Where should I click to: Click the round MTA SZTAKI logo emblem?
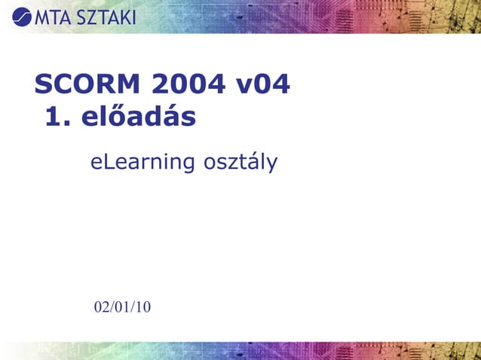pyautogui.click(x=23, y=16)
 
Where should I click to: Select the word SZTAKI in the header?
pyautogui.click(x=105, y=16)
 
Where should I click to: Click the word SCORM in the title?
pyautogui.click(x=87, y=84)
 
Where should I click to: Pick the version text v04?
pyautogui.click(x=263, y=84)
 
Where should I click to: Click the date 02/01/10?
pyautogui.click(x=122, y=307)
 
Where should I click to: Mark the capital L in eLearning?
pyautogui.click(x=109, y=160)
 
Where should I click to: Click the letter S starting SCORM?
pyautogui.click(x=44, y=84)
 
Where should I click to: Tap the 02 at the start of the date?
pyautogui.click(x=101, y=307)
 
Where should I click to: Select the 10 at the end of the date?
pyautogui.click(x=143, y=307)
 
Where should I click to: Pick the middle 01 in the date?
pyautogui.click(x=122, y=307)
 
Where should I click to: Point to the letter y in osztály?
pyautogui.click(x=272, y=163)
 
